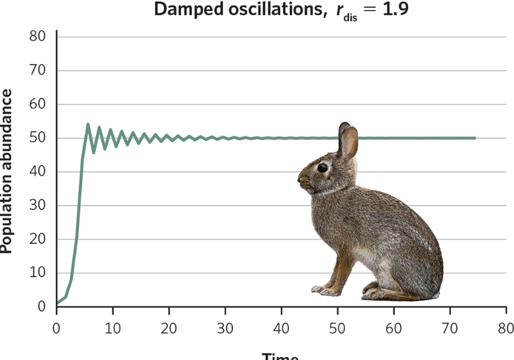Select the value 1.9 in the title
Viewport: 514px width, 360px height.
pyautogui.click(x=394, y=10)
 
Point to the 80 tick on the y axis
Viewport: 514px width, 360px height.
pyautogui.click(x=38, y=37)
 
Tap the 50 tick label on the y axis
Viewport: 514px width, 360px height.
pyautogui.click(x=38, y=138)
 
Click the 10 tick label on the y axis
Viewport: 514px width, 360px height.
pyautogui.click(x=38, y=273)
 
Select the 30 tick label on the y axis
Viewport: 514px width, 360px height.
pyautogui.click(x=38, y=206)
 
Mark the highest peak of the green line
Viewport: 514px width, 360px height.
pyautogui.click(x=88, y=125)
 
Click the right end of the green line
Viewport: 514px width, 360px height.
pyautogui.click(x=474, y=138)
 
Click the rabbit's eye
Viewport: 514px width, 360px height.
pyautogui.click(x=323, y=168)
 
